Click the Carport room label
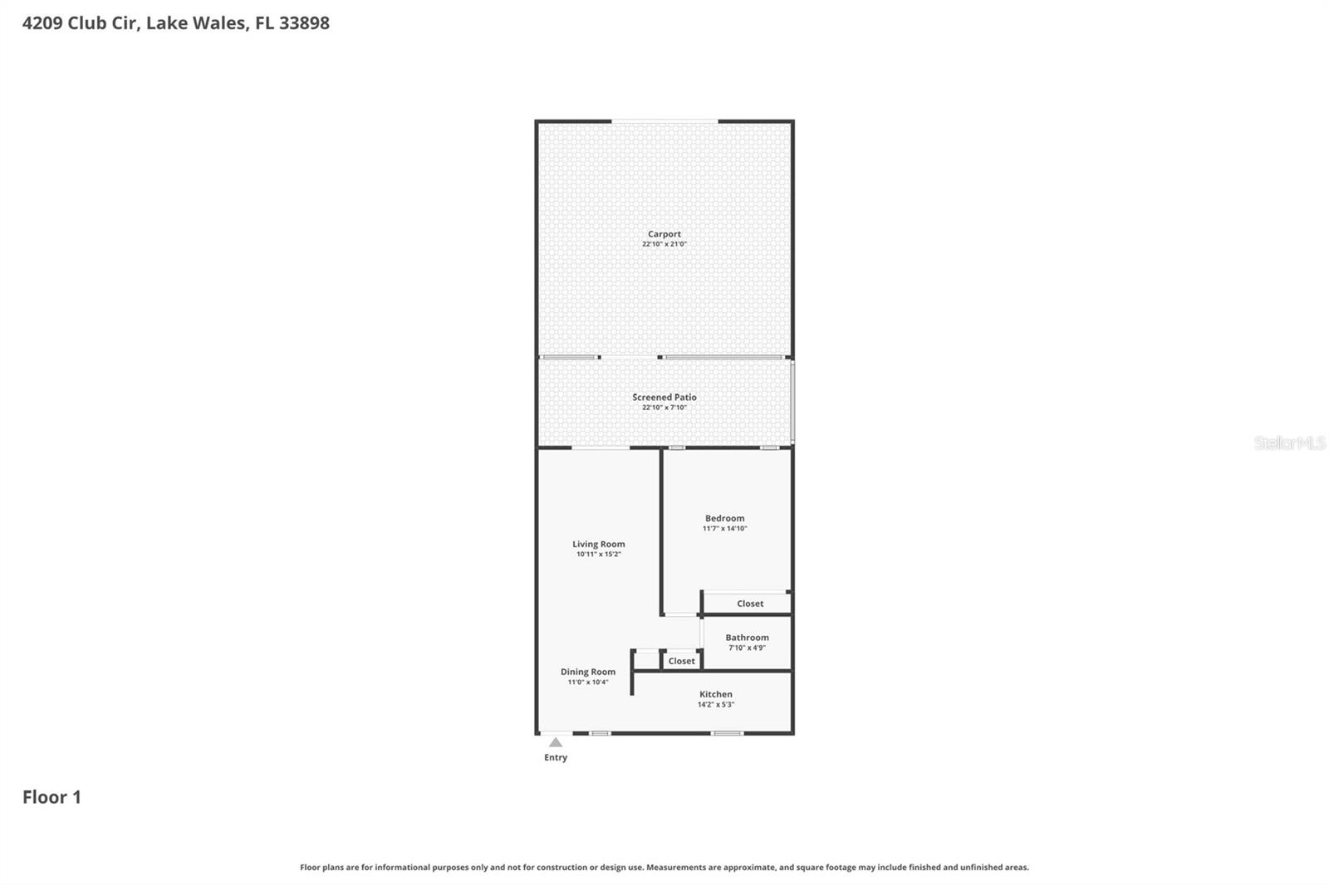(664, 234)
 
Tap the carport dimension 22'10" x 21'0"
(664, 244)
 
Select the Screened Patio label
(664, 397)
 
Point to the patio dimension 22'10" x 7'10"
(664, 408)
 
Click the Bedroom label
(725, 518)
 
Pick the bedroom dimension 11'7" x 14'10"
(725, 528)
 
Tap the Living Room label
(599, 544)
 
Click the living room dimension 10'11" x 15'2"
(599, 554)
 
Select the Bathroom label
(748, 638)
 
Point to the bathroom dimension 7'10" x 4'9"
(748, 648)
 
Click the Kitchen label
(716, 694)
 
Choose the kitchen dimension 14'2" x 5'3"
(716, 705)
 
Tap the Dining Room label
(588, 672)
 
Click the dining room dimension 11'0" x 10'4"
(588, 682)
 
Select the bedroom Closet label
(750, 604)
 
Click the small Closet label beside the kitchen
(682, 661)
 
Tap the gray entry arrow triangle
(556, 742)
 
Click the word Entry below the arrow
(556, 757)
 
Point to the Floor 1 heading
(51, 797)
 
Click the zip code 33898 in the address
(304, 23)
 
